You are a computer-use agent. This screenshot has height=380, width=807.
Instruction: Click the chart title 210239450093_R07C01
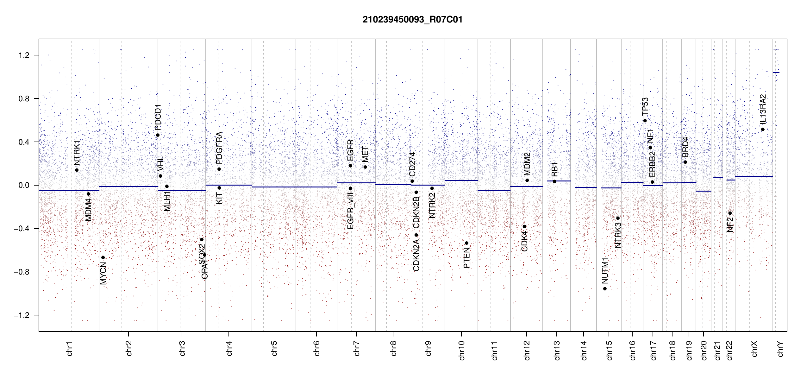412,20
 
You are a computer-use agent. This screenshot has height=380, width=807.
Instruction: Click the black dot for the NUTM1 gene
605,288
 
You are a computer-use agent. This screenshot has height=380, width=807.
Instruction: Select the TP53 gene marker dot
645,121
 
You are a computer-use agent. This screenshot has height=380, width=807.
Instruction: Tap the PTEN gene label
466,258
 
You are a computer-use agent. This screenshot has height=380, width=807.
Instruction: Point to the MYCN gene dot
103,257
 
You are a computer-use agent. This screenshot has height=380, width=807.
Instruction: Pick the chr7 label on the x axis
357,348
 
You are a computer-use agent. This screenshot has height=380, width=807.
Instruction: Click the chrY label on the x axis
780,349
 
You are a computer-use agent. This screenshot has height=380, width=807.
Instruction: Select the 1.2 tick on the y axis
24,55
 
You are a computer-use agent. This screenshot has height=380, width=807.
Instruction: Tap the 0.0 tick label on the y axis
24,185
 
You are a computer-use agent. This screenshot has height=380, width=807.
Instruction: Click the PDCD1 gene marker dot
158,135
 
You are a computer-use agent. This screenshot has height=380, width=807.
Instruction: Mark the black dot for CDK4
524,226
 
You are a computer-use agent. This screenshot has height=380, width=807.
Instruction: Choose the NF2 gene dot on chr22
730,213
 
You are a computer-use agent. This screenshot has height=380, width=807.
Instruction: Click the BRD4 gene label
685,147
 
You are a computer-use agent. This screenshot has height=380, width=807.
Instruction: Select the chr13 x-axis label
557,350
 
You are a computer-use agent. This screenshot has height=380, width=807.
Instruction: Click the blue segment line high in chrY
776,73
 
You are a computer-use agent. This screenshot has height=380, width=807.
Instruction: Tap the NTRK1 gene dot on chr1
77,170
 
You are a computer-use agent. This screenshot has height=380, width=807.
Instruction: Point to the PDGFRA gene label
219,148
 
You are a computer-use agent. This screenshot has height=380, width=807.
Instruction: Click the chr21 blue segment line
718,177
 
